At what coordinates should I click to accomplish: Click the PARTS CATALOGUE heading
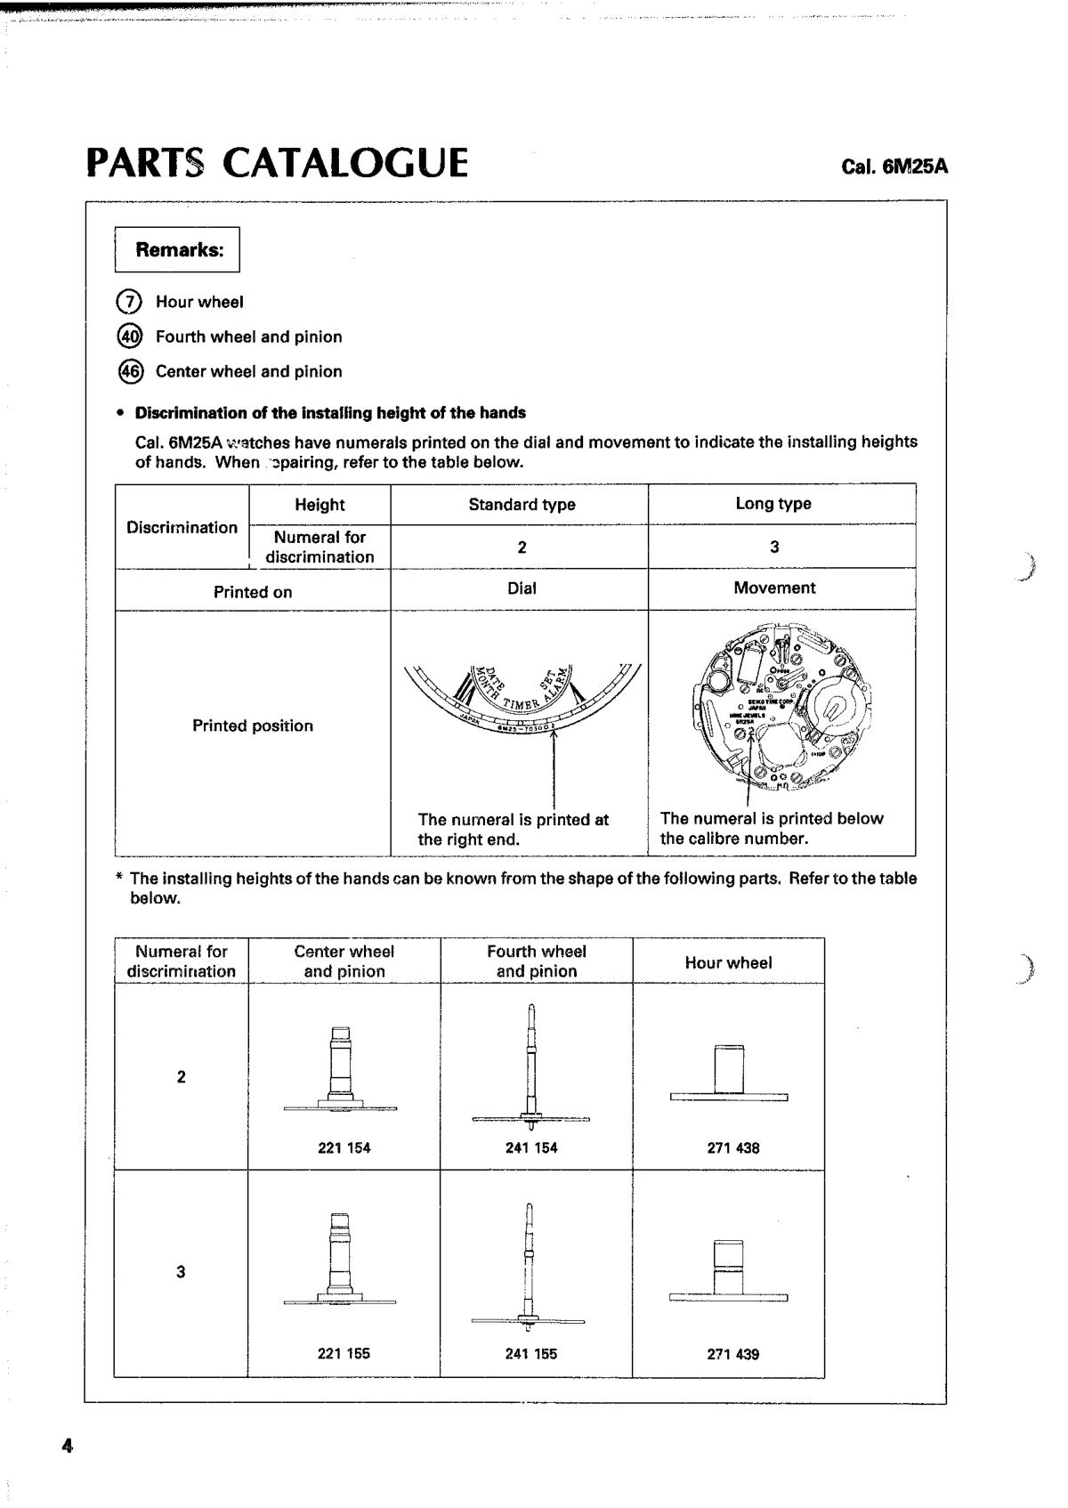coord(277,163)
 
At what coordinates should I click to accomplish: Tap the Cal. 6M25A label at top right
coord(894,166)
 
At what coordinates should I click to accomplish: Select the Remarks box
coord(178,249)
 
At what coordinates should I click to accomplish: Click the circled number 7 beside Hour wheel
coord(129,302)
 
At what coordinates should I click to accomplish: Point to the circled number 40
coord(129,336)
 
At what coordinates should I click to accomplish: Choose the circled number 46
coord(129,371)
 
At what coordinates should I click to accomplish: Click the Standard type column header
coord(522,505)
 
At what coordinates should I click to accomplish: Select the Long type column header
coord(773,504)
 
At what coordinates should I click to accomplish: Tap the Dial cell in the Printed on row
coord(522,588)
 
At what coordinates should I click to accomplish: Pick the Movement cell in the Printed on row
coord(774,588)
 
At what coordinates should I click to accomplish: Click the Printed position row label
coord(253,726)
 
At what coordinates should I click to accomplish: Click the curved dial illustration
coord(522,699)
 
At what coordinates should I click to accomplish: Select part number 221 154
coord(344,1148)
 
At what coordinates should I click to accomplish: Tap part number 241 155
coord(531,1354)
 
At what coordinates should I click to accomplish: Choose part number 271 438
coord(733,1148)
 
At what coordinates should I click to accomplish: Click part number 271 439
coord(733,1355)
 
